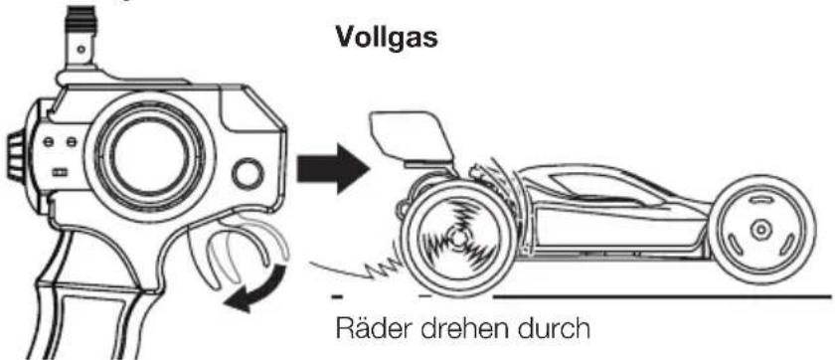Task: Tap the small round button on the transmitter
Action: tap(248, 177)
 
